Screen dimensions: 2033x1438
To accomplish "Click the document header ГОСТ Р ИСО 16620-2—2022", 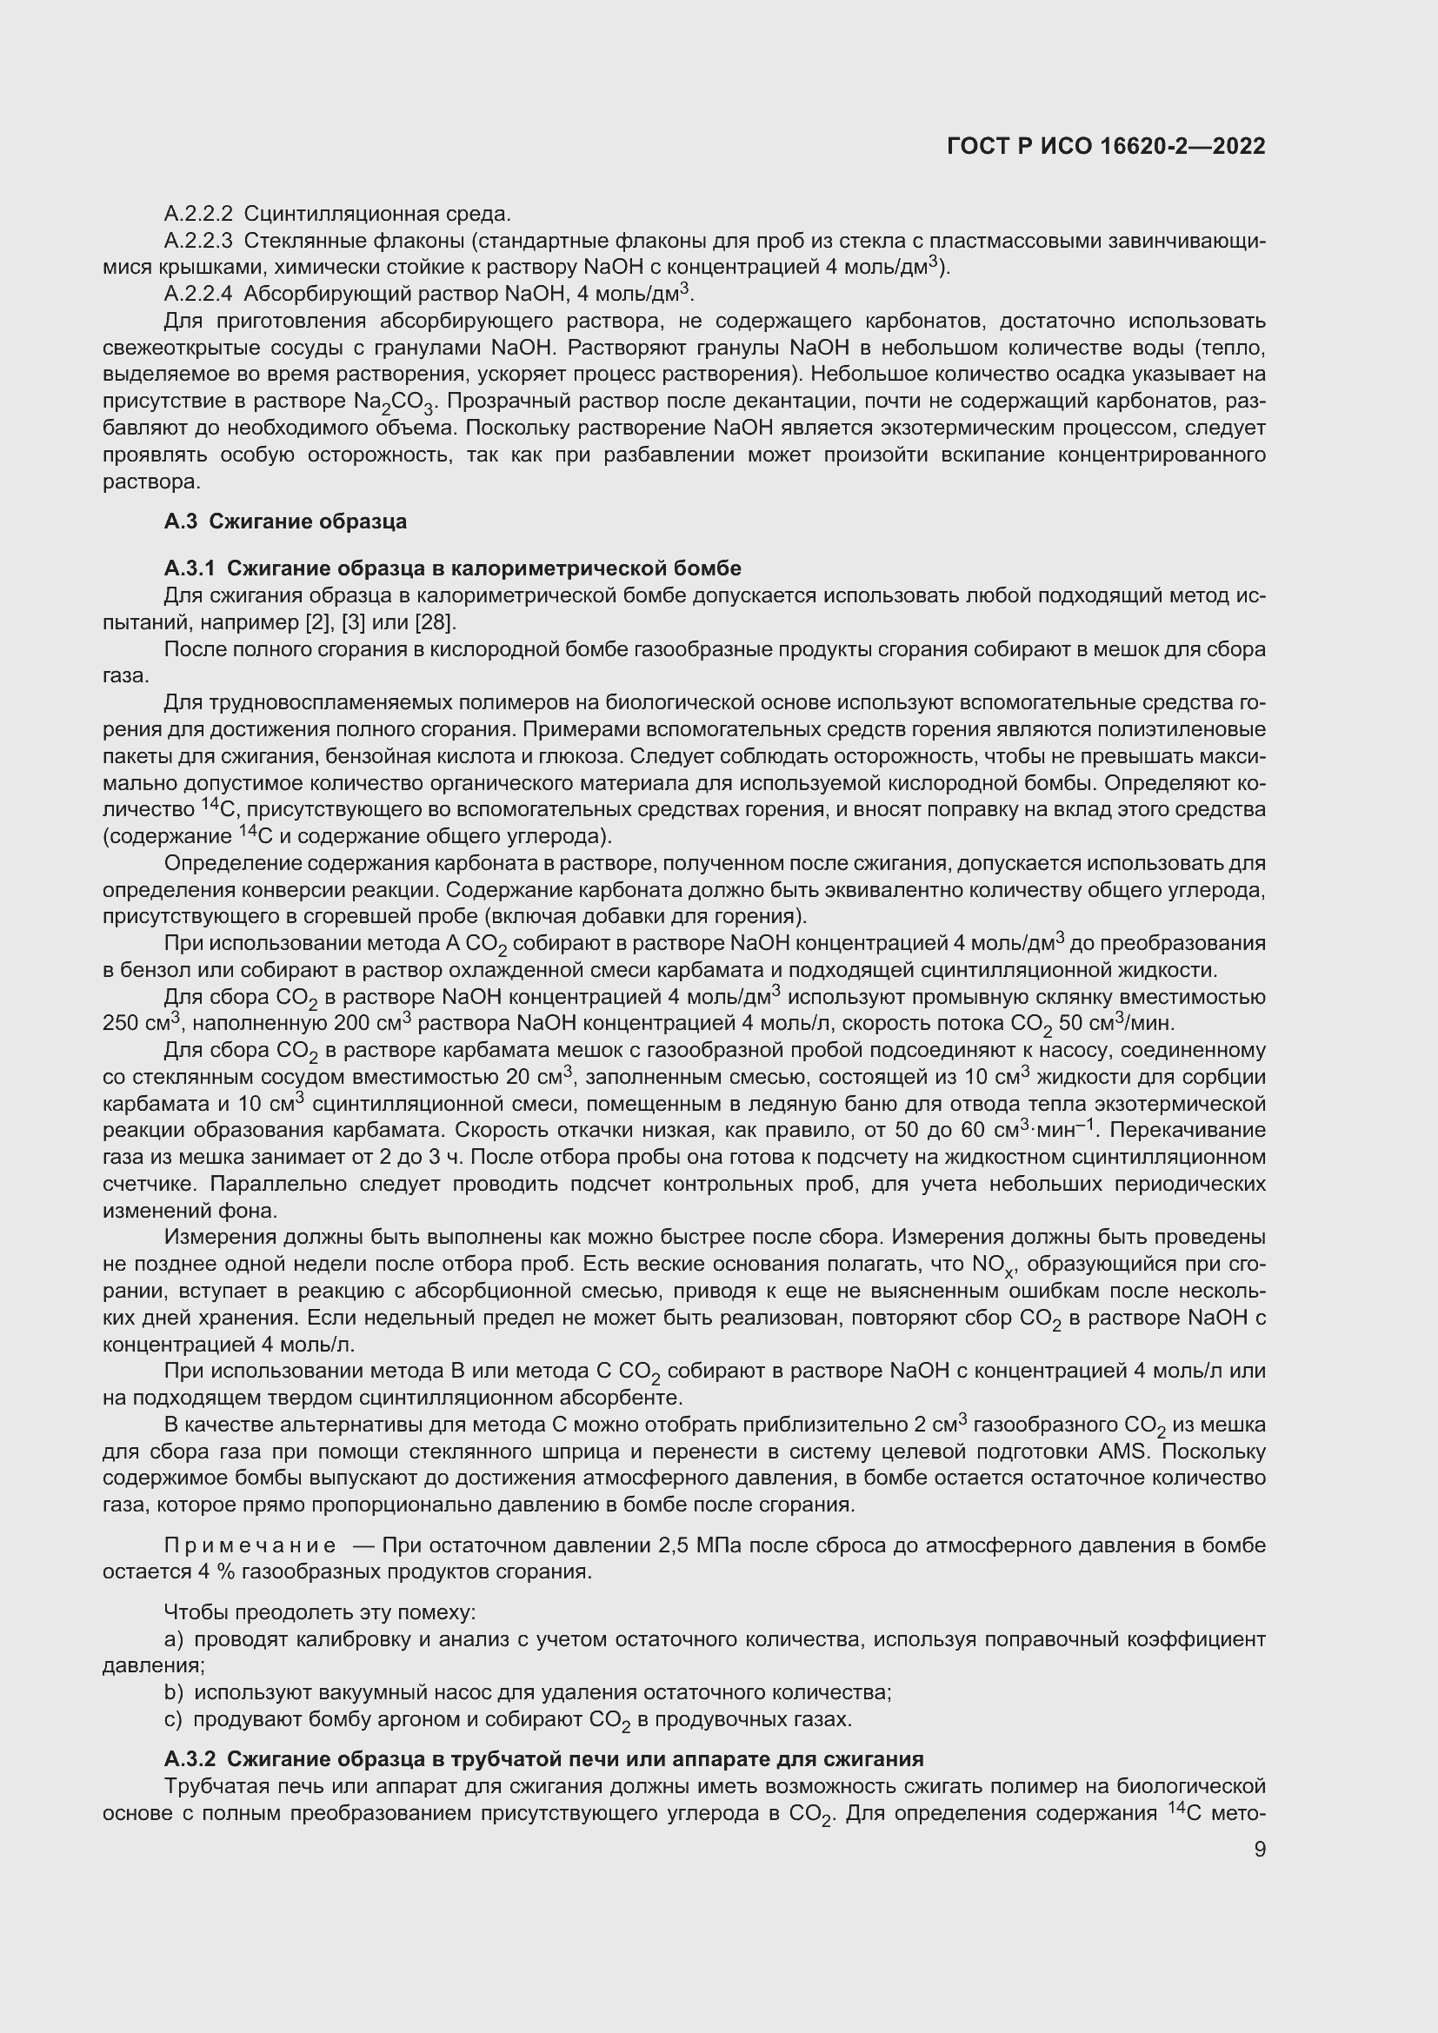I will coord(1105,147).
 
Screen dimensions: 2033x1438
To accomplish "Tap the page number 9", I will coord(1259,1849).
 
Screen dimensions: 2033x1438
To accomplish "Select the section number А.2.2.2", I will coord(197,214).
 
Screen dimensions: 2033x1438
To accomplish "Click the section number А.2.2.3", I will coord(197,240).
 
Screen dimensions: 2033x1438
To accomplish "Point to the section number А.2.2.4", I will coord(197,293).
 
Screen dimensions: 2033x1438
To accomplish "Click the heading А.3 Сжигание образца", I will coord(285,522).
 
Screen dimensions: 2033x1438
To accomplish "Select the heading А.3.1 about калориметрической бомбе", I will coord(452,568).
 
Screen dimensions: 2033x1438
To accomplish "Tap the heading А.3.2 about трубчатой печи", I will coord(543,1759).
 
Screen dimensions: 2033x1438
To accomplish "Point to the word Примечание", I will coord(250,1546).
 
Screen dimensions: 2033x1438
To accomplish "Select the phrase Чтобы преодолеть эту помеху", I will coord(320,1612).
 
